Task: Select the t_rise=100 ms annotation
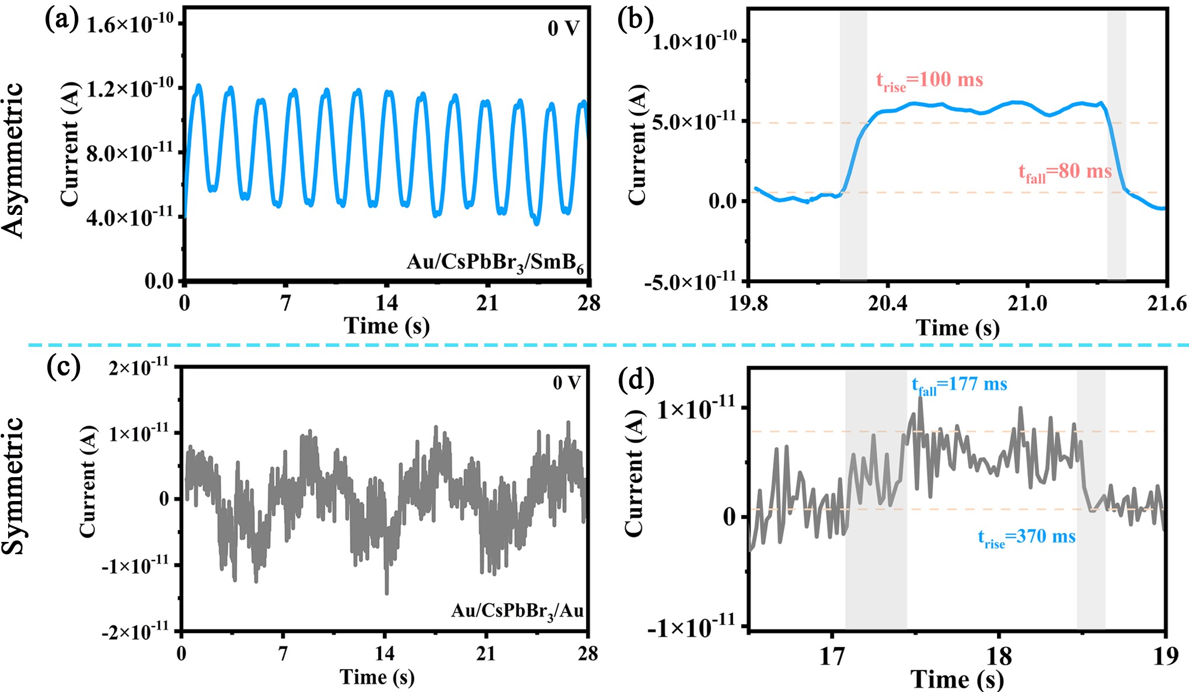929,80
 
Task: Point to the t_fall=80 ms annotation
1065,172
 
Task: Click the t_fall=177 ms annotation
959,385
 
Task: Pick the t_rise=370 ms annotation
1026,537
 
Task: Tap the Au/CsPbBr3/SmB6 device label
495,263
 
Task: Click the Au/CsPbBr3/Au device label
517,611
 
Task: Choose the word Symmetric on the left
13,485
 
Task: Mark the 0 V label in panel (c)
566,383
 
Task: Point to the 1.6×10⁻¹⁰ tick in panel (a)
130,24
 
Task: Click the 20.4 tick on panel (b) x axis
887,304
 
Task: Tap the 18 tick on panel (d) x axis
999,656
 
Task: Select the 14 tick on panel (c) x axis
384,653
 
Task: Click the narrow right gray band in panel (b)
1116,146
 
